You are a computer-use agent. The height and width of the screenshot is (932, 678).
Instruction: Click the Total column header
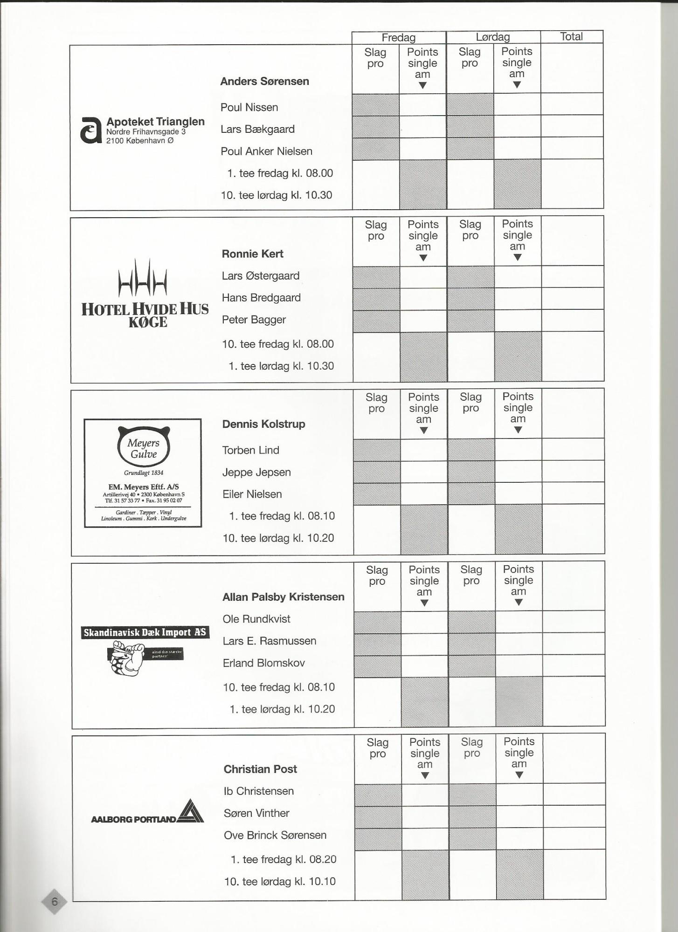tap(571, 37)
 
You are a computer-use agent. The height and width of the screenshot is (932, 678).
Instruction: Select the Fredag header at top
tap(398, 38)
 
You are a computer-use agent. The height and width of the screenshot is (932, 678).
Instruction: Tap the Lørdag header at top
tap(493, 37)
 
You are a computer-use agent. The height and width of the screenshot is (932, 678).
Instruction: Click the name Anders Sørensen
tap(264, 82)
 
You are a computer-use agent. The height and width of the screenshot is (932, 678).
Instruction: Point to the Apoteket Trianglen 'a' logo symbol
tap(90, 130)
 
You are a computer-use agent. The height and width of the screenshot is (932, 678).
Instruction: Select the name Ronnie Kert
tap(252, 254)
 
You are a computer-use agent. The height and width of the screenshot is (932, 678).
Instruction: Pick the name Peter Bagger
tap(254, 320)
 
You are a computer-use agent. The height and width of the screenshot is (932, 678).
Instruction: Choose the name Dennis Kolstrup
tap(263, 424)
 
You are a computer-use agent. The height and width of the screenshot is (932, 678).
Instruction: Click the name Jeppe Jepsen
tap(256, 472)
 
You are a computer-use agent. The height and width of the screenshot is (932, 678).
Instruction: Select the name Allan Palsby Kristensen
tap(283, 597)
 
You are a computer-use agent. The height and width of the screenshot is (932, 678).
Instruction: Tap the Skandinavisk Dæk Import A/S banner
tap(145, 632)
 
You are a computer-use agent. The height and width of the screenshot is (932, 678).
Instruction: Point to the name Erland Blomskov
tap(263, 663)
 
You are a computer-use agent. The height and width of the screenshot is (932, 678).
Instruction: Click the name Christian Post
tap(260, 769)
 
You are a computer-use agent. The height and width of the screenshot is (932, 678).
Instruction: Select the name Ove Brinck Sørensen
tap(275, 835)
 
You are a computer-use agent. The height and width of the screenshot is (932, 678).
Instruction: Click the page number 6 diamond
tap(54, 901)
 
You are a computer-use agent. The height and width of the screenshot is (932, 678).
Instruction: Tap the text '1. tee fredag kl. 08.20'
tap(283, 859)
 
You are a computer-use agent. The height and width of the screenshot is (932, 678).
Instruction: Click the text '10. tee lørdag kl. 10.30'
tap(276, 195)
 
